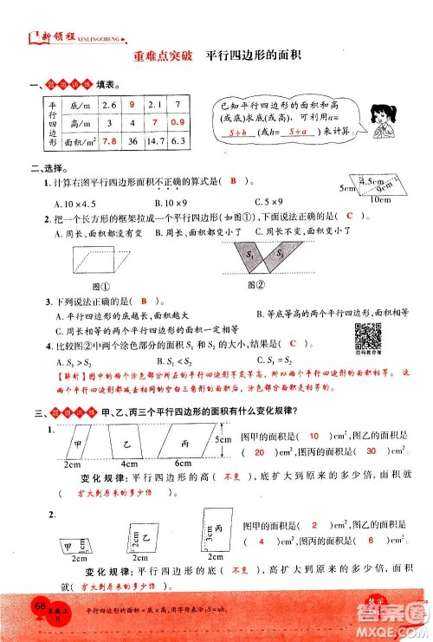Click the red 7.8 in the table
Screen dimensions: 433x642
pos(110,140)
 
